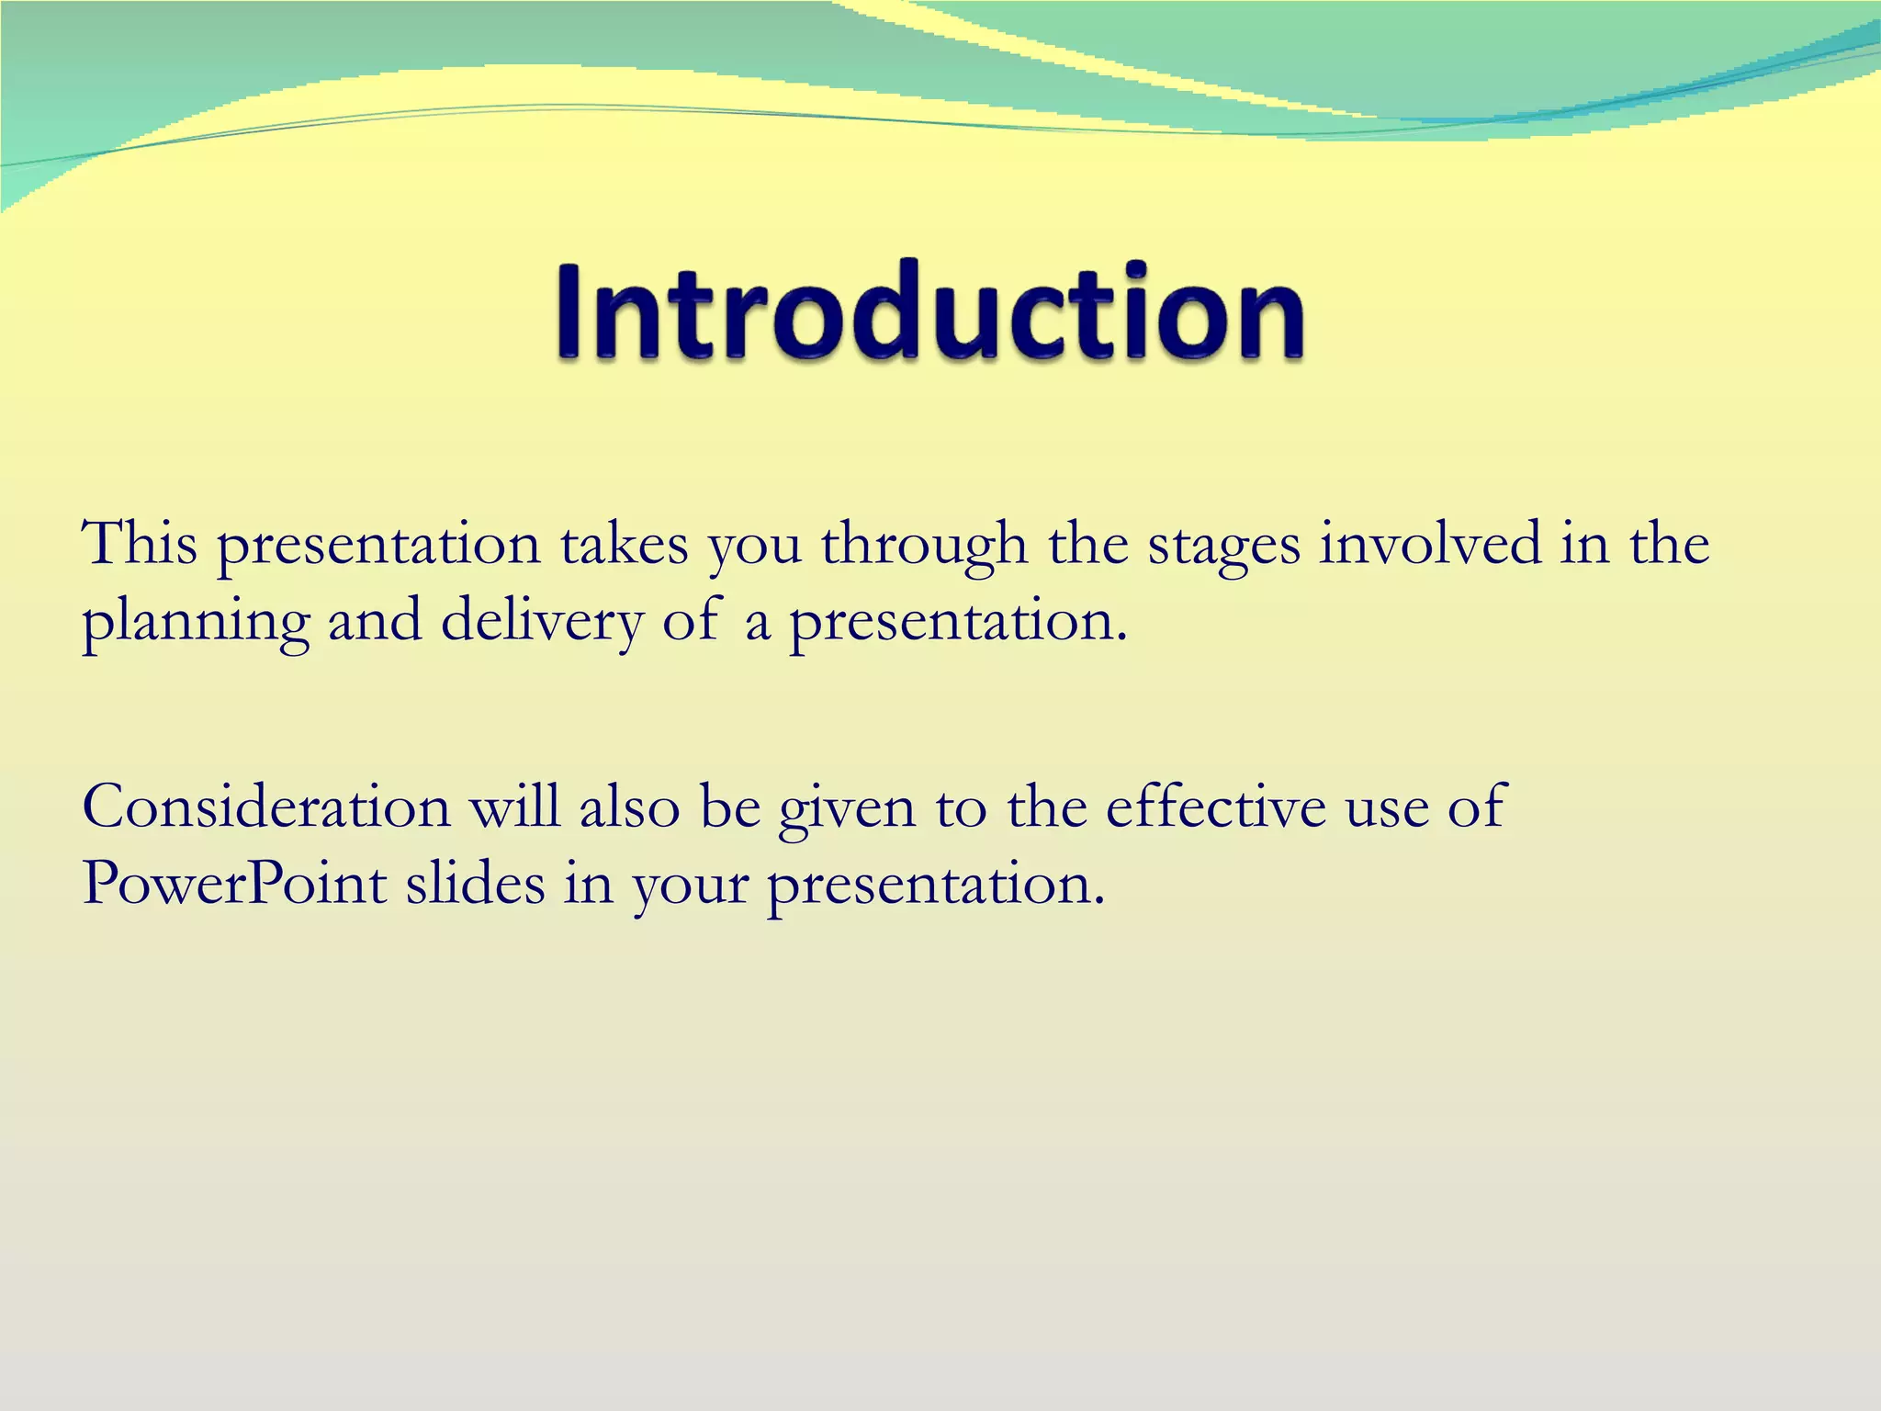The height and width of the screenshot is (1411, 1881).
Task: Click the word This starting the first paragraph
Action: coord(140,544)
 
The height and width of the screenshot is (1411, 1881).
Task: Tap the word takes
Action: coord(624,544)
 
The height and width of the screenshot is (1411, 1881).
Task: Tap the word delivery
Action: coord(542,623)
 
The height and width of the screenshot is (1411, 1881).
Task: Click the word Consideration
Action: coord(266,807)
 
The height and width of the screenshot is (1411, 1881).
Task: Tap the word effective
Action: coord(1216,807)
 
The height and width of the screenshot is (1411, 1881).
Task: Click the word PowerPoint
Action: coord(234,886)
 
